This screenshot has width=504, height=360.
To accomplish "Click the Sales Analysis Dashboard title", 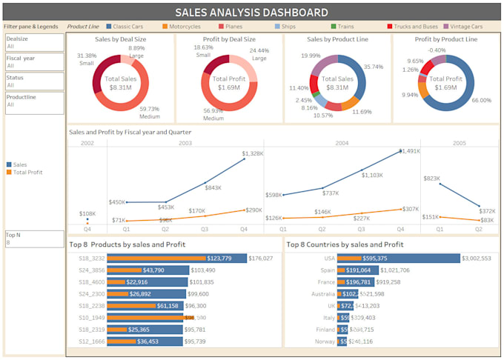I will [x=251, y=13].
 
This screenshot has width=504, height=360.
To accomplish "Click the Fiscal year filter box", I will [x=34, y=62].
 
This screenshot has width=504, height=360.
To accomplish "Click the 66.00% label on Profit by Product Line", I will [x=483, y=99].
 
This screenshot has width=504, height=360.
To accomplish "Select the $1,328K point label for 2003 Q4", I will [x=252, y=153].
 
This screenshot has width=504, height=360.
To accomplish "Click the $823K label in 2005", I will [x=431, y=179].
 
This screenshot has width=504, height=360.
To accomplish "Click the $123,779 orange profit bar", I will [x=156, y=259].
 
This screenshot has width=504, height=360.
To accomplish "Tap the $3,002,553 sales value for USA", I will [x=476, y=259].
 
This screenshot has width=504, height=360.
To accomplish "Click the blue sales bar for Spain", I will [x=385, y=270].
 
